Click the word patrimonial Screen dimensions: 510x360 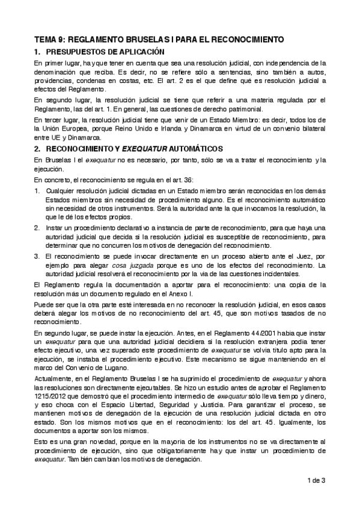pyautogui.click(x=243, y=109)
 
